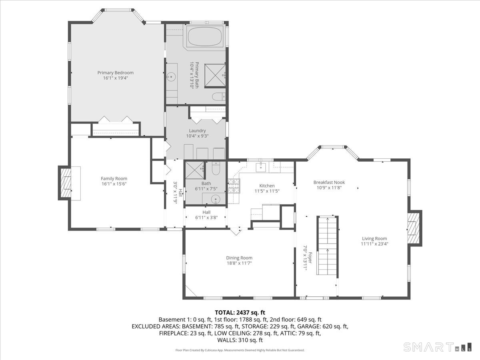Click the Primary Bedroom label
coord(115,73)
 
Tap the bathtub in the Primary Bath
coord(204,37)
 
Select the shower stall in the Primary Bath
coord(216,74)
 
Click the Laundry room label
coord(197,130)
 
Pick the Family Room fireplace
coord(64,183)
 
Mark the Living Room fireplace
coord(414,228)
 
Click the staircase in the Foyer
coord(328,245)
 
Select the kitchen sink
coord(261,167)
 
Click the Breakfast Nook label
coord(329,182)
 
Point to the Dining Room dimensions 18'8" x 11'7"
coord(239,263)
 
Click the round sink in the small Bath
coord(216,198)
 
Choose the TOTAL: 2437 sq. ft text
coord(240,312)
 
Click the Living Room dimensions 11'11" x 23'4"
coord(374,244)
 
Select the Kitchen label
coord(267,186)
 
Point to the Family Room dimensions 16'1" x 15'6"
coord(114,184)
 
